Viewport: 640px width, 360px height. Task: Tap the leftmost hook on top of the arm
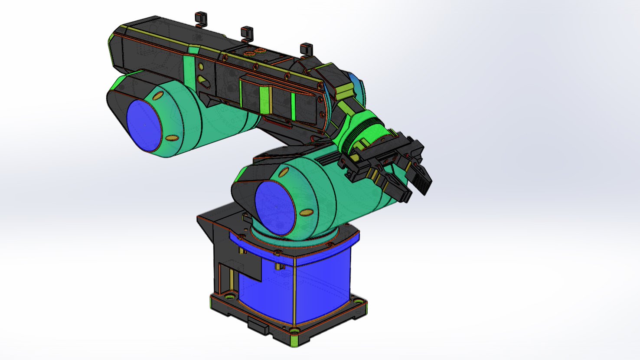200,19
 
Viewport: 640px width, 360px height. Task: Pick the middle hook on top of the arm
246,33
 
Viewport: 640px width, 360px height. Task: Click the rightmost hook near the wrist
306,50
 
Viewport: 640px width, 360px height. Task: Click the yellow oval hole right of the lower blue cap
307,213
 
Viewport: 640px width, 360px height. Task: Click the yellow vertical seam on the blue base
294,295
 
